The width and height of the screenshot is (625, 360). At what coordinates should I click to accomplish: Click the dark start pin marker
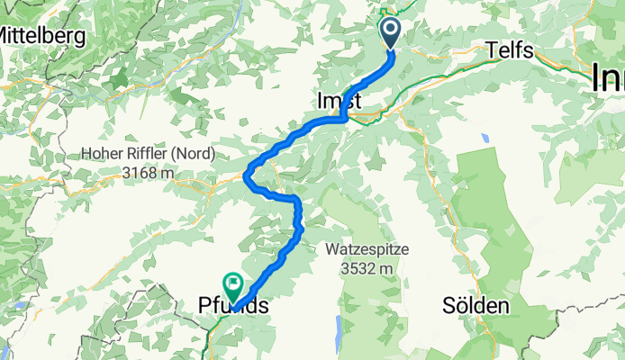(x=391, y=33)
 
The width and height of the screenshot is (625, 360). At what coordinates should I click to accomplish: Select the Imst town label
(x=339, y=103)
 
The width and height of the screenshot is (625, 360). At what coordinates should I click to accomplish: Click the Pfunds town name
(x=231, y=308)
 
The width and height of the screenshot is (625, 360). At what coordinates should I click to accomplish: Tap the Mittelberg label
(x=41, y=36)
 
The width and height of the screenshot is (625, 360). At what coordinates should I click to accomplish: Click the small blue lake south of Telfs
(x=485, y=139)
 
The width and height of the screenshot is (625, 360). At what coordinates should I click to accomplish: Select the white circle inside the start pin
(x=391, y=29)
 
